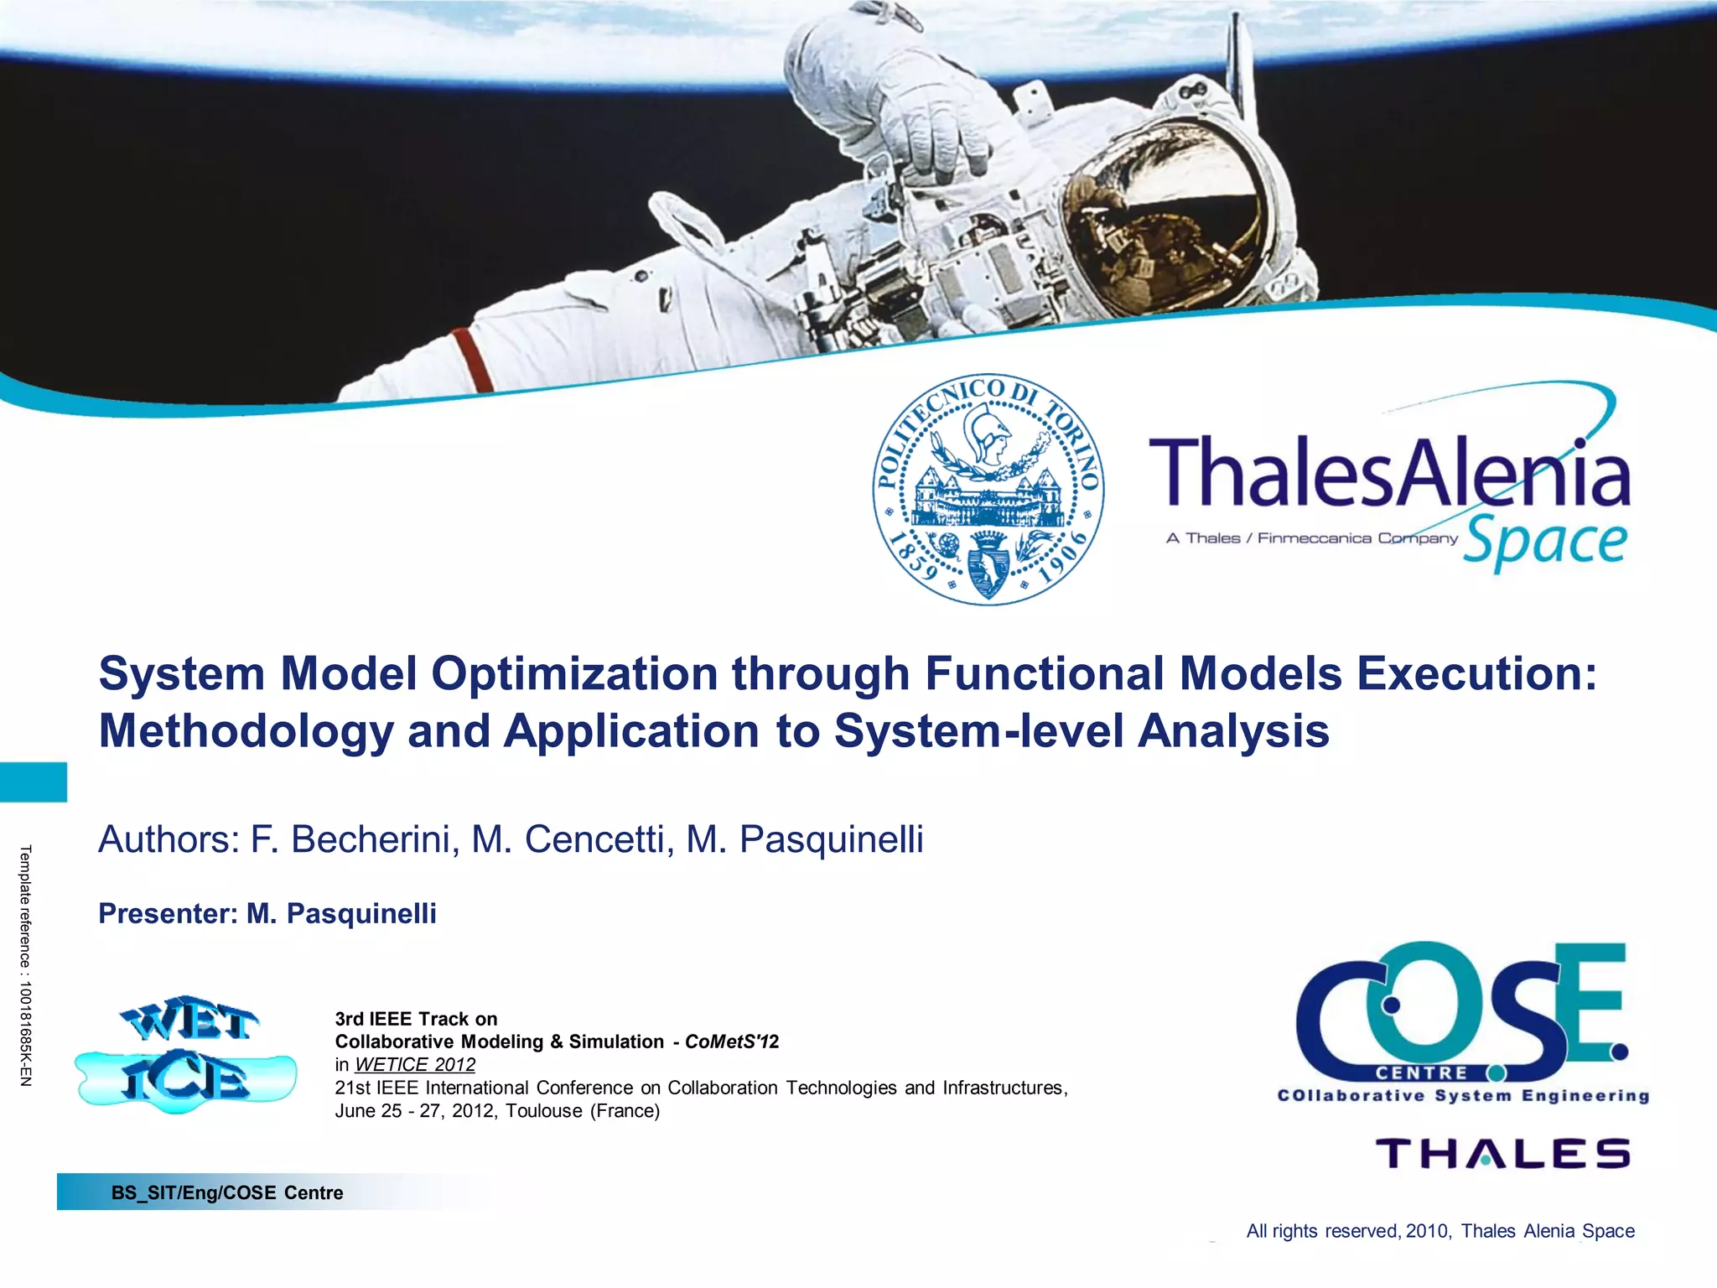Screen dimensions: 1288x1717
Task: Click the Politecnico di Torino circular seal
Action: (988, 490)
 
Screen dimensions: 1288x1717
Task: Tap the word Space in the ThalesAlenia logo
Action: (1545, 543)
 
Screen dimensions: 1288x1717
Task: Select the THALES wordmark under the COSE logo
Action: (1503, 1154)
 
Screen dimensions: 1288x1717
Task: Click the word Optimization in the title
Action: (574, 674)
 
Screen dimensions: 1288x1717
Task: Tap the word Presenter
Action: (167, 913)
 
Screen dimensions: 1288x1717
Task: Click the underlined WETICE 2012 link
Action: (414, 1065)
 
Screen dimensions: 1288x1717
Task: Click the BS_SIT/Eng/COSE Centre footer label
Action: (227, 1192)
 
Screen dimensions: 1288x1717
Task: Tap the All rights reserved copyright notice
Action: (1439, 1231)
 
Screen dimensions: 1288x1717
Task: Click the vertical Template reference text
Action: (25, 965)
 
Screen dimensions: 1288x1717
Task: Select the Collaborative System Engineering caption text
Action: (1463, 1096)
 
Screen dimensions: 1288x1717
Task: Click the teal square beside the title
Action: (33, 782)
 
